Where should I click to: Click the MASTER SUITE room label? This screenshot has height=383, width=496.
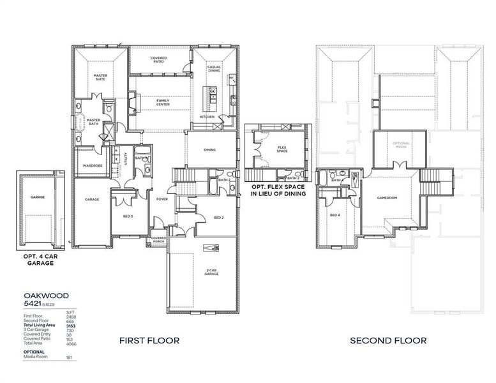pos(100,77)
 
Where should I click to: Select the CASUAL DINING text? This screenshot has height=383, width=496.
pos(214,69)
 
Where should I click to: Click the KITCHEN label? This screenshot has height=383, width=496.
pos(207,117)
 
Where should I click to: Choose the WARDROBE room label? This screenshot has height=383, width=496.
pos(89,165)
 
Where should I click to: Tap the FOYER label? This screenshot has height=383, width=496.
pos(162,199)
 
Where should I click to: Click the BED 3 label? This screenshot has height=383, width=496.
pos(128,216)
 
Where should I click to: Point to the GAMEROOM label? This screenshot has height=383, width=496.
pos(387,198)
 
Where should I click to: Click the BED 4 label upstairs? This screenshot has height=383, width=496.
pos(334,215)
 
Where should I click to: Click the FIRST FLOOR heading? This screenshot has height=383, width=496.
pos(149,341)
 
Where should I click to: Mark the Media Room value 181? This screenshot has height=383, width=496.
pos(69,357)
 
